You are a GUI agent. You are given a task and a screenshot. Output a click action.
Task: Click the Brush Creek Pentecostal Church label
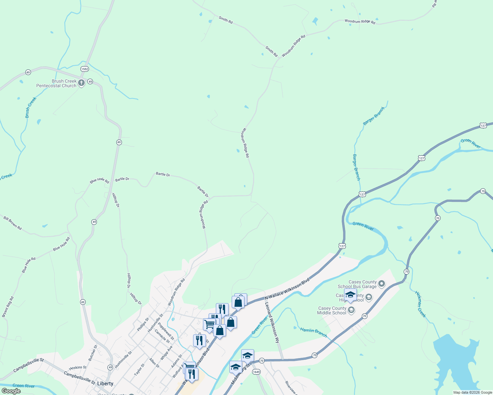(x=56, y=83)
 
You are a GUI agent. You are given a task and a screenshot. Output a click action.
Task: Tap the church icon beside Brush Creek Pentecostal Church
(x=81, y=83)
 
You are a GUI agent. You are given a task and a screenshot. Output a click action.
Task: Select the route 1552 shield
(x=85, y=69)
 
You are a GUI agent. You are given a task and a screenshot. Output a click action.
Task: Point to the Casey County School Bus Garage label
(x=357, y=284)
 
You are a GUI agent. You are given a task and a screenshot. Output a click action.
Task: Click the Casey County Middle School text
(x=332, y=310)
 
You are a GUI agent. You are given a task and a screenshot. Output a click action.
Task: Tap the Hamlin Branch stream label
(x=313, y=332)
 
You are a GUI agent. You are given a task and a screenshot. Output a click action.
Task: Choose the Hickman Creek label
(x=420, y=304)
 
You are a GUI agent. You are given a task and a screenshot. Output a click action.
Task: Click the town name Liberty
(x=105, y=383)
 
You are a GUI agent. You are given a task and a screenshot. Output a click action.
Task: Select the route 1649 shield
(x=256, y=372)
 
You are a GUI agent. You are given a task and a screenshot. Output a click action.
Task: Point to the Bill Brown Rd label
(x=13, y=223)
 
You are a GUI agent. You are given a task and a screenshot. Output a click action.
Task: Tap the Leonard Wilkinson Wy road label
(x=272, y=323)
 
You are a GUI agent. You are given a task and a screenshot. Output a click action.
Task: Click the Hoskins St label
(x=77, y=368)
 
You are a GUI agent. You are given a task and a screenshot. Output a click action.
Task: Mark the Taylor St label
(x=139, y=370)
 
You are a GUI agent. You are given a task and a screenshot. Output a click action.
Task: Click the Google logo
(x=11, y=391)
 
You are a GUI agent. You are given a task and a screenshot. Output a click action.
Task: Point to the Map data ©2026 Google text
(x=472, y=392)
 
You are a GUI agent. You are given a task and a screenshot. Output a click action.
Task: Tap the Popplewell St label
(x=166, y=331)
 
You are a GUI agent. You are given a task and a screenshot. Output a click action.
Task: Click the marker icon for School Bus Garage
(x=382, y=283)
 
